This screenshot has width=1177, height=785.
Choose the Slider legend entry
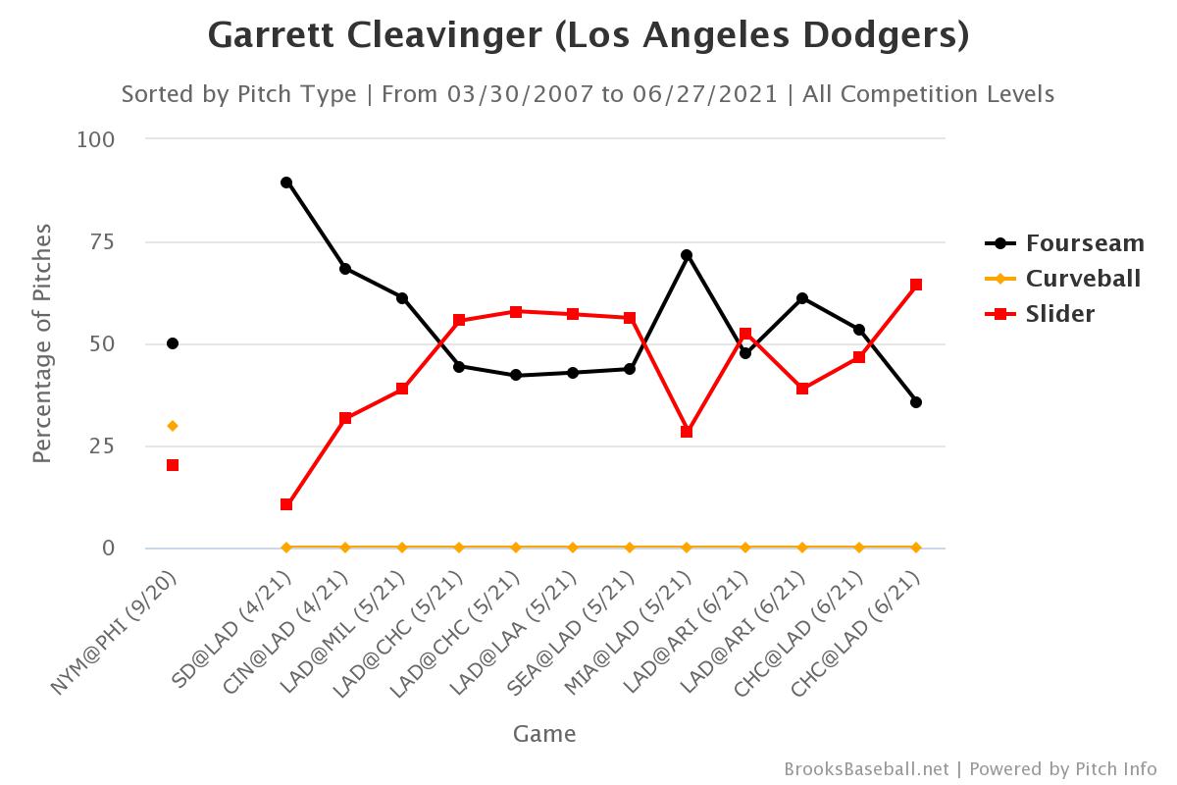pos(1059,314)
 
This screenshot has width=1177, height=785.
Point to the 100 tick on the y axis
pos(96,139)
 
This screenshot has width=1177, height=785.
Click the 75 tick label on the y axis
pos(102,241)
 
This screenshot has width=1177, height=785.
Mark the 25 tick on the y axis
pos(102,445)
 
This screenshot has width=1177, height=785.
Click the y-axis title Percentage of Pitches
pos(41,343)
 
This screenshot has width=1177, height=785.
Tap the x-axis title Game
pos(544,733)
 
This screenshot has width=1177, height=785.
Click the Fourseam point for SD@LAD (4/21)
pos(286,183)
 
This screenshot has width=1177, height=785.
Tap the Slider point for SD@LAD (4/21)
pos(286,504)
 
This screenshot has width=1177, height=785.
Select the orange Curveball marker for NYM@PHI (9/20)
pos(173,426)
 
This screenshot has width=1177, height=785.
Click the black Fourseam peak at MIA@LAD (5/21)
pos(687,255)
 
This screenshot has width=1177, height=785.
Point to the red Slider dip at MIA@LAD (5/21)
pos(687,432)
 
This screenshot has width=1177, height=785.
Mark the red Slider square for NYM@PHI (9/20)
pos(173,465)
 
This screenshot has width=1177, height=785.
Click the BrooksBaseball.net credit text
pos(866,769)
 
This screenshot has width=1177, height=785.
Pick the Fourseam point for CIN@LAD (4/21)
pos(345,269)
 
